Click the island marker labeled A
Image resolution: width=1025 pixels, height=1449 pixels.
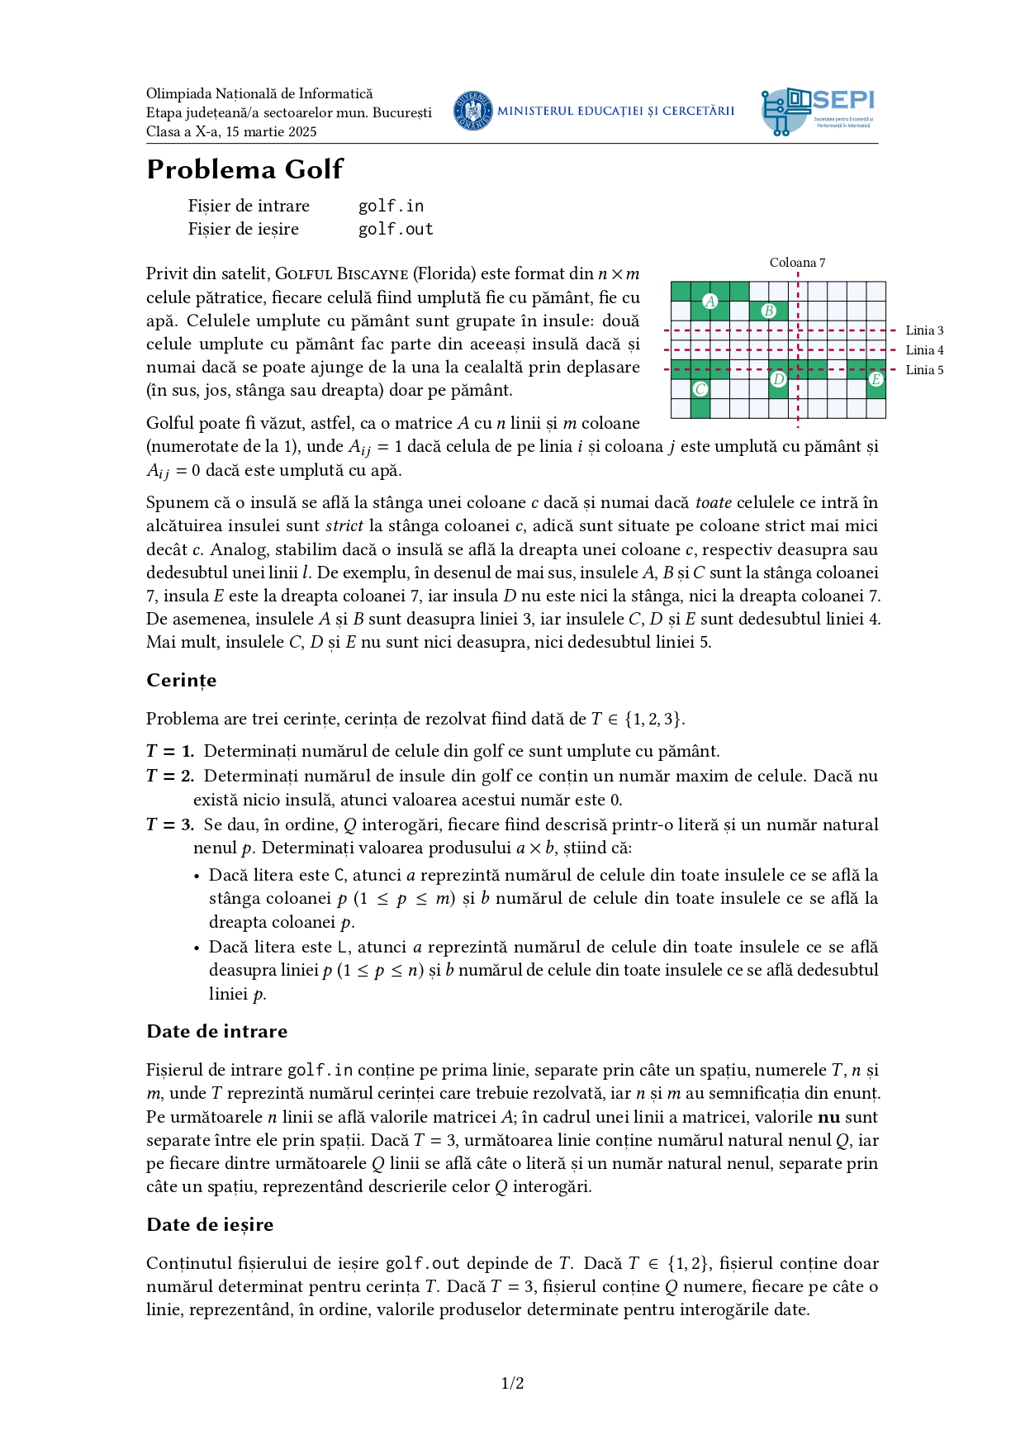[709, 302]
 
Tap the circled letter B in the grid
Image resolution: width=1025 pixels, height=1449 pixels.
[769, 311]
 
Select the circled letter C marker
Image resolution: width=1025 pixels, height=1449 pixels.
[700, 389]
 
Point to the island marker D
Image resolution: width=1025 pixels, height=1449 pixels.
[778, 379]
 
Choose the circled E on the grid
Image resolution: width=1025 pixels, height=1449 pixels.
[876, 379]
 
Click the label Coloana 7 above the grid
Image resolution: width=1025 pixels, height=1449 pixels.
[797, 263]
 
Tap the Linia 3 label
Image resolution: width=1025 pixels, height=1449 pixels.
[924, 330]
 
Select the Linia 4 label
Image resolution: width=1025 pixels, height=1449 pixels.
[924, 350]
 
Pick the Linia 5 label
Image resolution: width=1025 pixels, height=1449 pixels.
[924, 370]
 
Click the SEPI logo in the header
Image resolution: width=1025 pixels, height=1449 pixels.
[818, 112]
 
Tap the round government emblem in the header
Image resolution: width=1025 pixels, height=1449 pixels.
[473, 111]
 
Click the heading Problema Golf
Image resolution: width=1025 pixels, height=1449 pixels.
[244, 169]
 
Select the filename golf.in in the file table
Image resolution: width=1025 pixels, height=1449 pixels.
[391, 206]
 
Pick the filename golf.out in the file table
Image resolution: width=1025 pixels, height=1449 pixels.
[396, 229]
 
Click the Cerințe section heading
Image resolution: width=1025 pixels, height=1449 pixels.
[182, 680]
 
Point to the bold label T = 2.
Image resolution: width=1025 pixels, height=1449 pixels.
[170, 776]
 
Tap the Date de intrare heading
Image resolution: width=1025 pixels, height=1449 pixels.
[217, 1031]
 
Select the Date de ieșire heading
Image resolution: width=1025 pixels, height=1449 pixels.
[210, 1224]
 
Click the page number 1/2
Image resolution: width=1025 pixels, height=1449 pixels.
[512, 1383]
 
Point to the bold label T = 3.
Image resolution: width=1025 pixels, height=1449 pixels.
[170, 824]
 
